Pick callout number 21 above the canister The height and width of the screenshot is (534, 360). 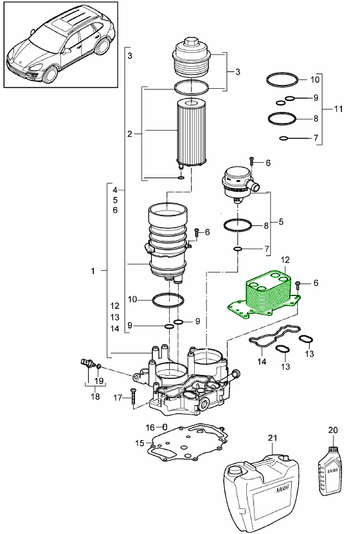(x=271, y=437)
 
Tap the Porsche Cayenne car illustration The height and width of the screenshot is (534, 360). (x=60, y=45)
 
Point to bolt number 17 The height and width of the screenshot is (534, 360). (x=132, y=398)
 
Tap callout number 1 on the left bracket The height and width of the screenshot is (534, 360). (x=94, y=272)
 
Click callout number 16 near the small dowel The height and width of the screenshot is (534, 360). (x=149, y=427)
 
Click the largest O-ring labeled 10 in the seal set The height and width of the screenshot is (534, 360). (x=283, y=80)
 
